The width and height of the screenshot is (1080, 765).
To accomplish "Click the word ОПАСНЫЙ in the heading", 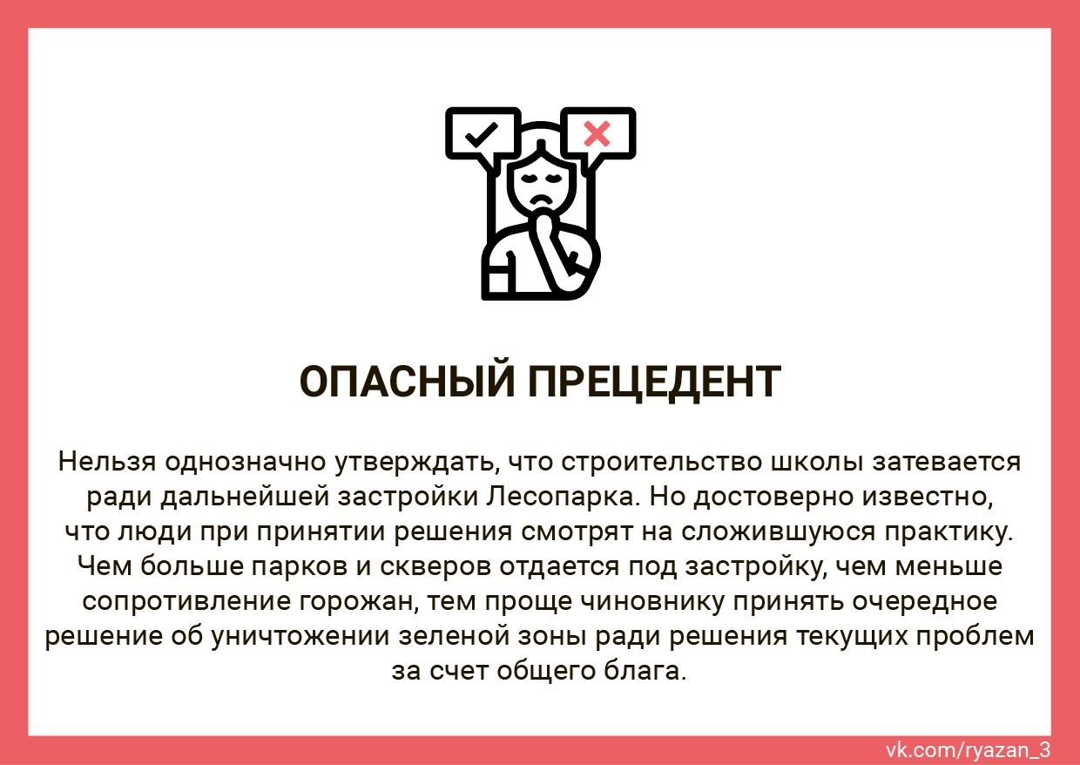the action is pos(407,381).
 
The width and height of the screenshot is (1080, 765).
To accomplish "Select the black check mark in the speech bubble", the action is pos(481,134).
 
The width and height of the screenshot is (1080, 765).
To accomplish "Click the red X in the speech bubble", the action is pos(597,134).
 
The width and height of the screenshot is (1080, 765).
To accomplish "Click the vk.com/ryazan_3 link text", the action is pos(968,750).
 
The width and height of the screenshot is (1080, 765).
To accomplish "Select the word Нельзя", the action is pos(107,462).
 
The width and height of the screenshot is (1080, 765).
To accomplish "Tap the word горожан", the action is pos(359,602).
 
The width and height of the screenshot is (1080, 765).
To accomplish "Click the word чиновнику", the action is pos(651,602).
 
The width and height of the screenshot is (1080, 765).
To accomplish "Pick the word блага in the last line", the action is pos(645,671).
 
